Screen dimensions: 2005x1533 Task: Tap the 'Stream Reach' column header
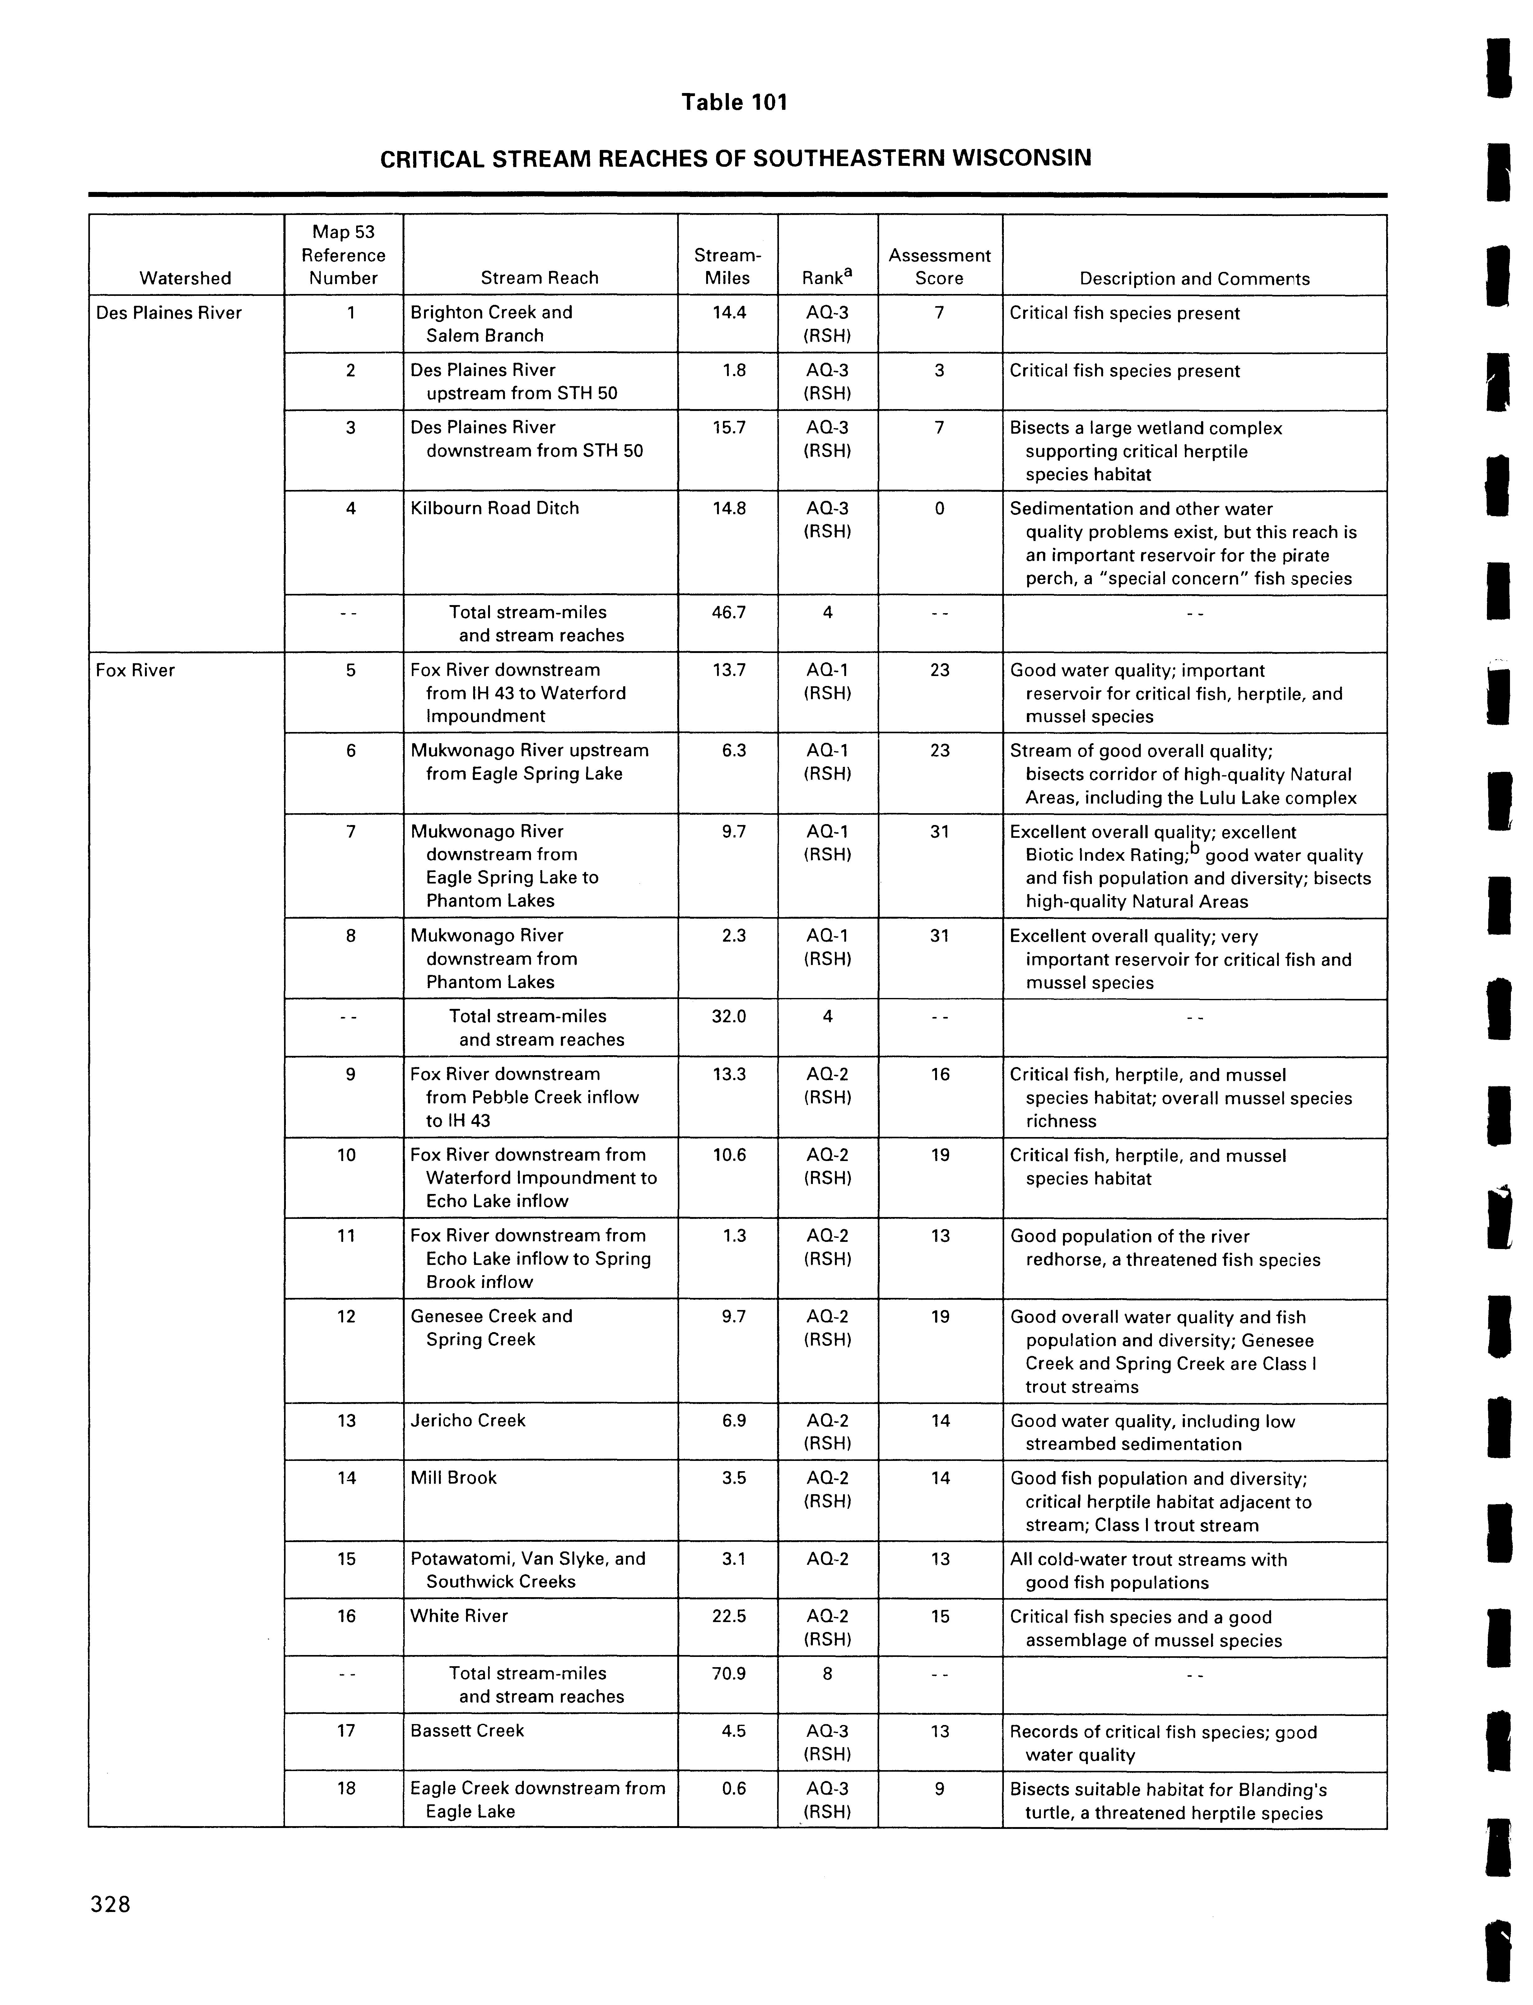pyautogui.click(x=539, y=277)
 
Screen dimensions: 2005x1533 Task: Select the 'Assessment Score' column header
pyautogui.click(x=939, y=267)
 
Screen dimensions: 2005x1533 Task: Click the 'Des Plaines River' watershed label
pyautogui.click(x=169, y=313)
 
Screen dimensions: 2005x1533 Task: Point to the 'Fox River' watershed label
pyautogui.click(x=135, y=670)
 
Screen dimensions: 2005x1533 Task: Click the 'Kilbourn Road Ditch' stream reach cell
pyautogui.click(x=495, y=508)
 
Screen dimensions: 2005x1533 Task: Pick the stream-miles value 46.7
pyautogui.click(x=728, y=612)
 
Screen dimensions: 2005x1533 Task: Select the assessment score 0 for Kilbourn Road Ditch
pyautogui.click(x=939, y=508)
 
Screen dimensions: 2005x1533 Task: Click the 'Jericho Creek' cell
pyautogui.click(x=468, y=1420)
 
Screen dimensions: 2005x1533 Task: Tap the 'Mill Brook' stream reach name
pyautogui.click(x=454, y=1477)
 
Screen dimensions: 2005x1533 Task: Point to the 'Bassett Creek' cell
pyautogui.click(x=467, y=1730)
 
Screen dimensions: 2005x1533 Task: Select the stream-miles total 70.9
pyautogui.click(x=728, y=1673)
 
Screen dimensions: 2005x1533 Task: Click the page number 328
pyautogui.click(x=110, y=1904)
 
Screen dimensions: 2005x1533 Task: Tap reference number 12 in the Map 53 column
pyautogui.click(x=346, y=1316)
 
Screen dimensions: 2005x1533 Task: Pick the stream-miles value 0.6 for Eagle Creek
pyautogui.click(x=734, y=1788)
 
